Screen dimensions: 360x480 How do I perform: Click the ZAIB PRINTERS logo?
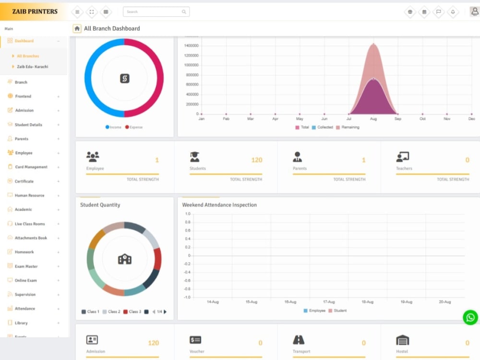click(x=35, y=12)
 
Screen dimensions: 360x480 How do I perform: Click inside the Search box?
click(x=154, y=12)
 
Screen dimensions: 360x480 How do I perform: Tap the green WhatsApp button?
click(x=470, y=317)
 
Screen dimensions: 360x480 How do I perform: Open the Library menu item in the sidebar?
click(x=21, y=323)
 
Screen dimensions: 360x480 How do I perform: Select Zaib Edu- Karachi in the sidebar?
click(x=32, y=67)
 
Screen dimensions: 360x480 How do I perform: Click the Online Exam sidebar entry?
click(x=25, y=280)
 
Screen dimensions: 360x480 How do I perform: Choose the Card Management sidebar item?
click(x=31, y=167)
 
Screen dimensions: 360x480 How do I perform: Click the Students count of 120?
click(x=257, y=160)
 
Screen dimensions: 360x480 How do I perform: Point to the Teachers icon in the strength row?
click(x=402, y=157)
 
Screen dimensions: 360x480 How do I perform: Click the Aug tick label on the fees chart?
click(x=373, y=119)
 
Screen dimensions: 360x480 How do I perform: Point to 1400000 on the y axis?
click(x=191, y=46)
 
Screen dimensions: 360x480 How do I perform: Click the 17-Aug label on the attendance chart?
click(x=329, y=302)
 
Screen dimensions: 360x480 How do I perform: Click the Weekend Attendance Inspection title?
click(x=219, y=205)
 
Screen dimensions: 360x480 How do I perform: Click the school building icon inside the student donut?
click(x=124, y=259)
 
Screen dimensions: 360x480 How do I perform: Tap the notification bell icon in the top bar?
click(x=453, y=12)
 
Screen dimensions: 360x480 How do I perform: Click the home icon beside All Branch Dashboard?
click(x=77, y=29)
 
